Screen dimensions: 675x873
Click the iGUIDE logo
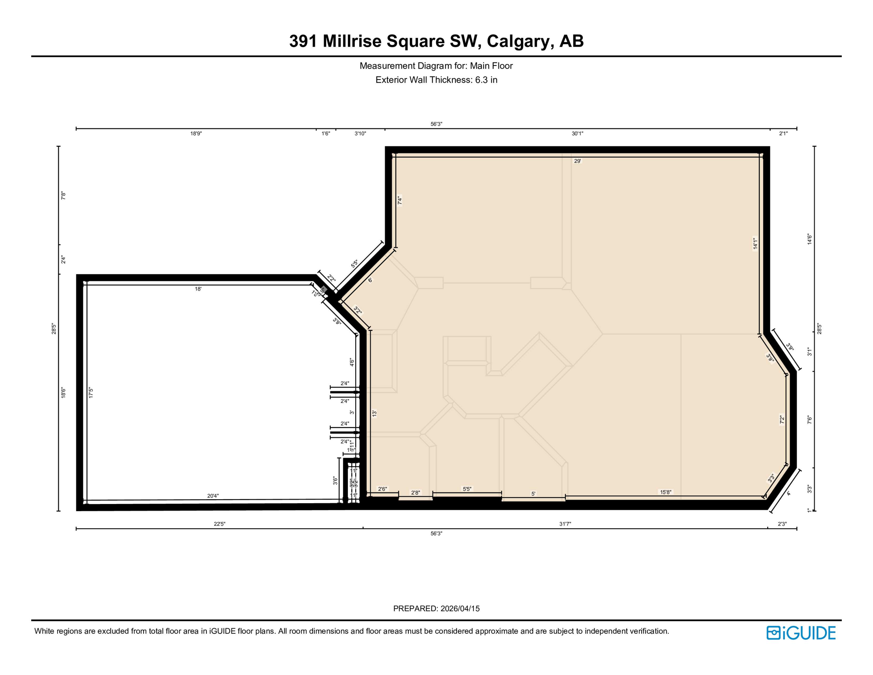801,633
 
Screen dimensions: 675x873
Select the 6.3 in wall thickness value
486,80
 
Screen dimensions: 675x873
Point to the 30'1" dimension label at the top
577,134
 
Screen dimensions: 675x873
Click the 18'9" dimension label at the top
196,134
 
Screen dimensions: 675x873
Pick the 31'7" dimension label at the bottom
565,524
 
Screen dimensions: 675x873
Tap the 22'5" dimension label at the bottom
220,524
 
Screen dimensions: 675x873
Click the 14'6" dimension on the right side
809,240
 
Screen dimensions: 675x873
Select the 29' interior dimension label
577,161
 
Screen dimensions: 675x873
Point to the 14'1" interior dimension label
755,244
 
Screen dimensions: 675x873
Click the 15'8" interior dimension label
666,492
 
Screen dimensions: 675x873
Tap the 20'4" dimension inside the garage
213,496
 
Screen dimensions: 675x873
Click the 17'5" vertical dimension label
91,392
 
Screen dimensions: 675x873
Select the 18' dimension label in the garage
198,289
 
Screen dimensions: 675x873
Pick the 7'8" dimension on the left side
63,196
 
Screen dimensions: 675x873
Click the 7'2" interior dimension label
782,420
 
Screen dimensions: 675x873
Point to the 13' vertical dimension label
375,414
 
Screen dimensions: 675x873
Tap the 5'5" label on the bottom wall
467,489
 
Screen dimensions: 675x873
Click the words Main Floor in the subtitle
491,66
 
